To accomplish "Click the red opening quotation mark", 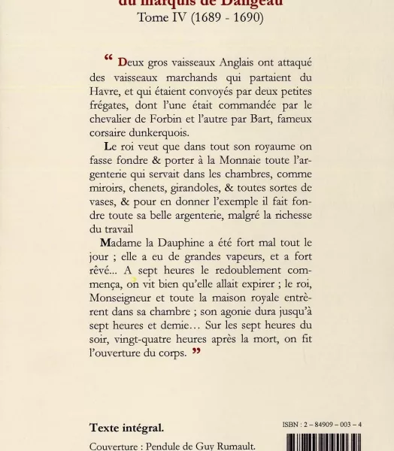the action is (x=109, y=58).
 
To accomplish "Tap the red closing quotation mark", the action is (x=196, y=351).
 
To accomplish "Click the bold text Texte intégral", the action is (x=126, y=428).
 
